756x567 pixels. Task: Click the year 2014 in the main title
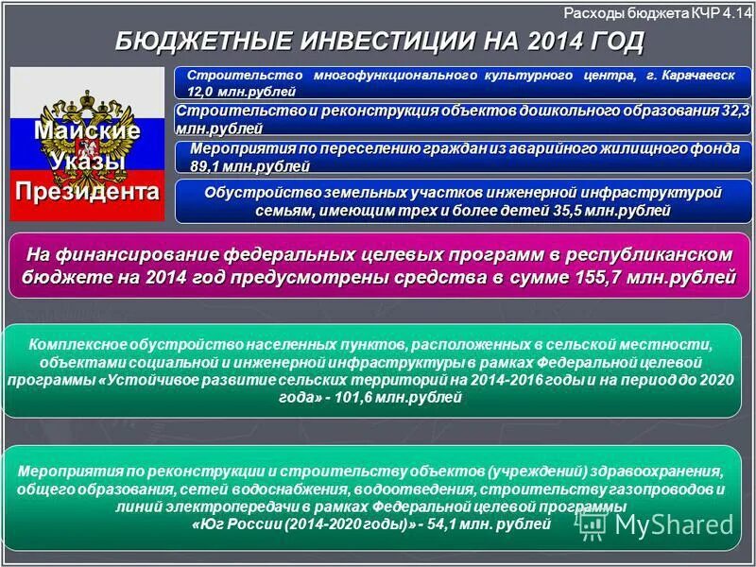(556, 42)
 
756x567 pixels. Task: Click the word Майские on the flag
(87, 130)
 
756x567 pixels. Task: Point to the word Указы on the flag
(87, 161)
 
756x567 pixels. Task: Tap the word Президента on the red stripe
(87, 192)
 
